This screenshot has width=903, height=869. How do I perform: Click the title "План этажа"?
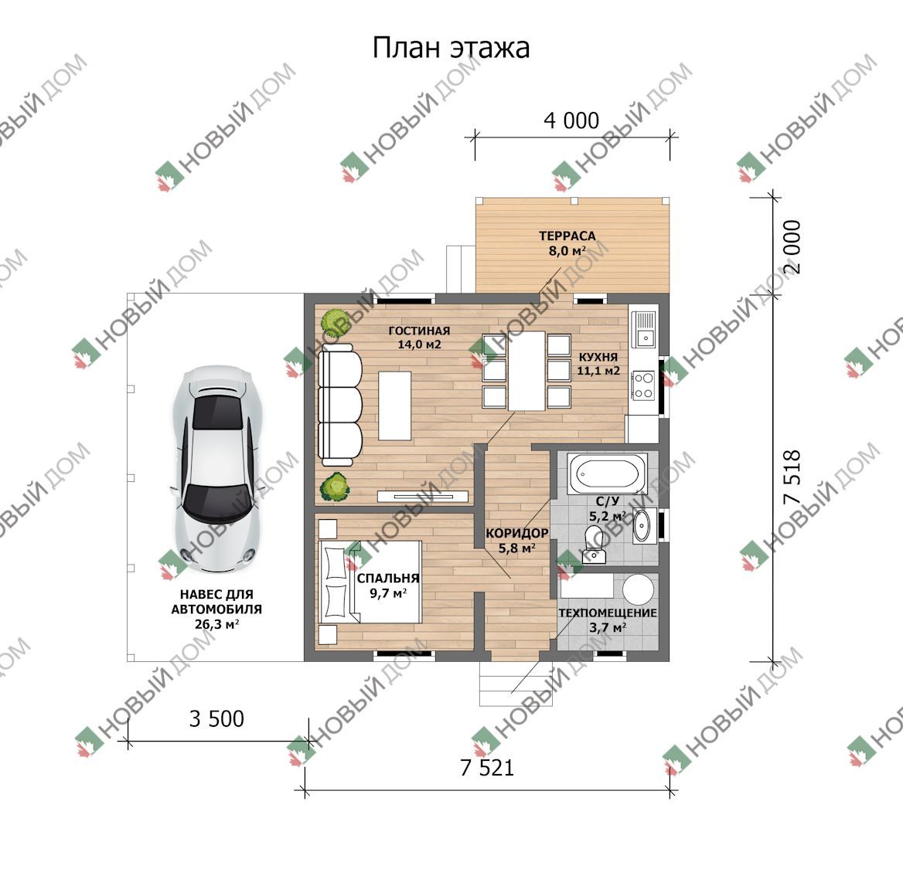[x=451, y=48]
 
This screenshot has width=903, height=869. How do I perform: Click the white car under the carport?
[x=218, y=468]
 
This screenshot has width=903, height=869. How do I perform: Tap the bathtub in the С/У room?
[x=608, y=474]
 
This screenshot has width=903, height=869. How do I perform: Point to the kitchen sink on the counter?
[x=645, y=328]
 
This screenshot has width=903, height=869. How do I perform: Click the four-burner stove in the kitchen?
[x=644, y=385]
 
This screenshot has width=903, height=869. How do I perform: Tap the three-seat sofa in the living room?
[x=340, y=404]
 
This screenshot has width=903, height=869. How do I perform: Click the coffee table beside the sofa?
[x=394, y=406]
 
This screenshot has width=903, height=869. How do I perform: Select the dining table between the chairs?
[x=526, y=371]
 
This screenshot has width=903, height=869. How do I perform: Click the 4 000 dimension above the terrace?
[x=571, y=121]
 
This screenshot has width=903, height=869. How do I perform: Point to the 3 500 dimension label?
[x=216, y=719]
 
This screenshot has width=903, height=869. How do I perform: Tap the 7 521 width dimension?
[x=486, y=768]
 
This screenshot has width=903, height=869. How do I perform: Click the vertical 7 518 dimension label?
[x=792, y=477]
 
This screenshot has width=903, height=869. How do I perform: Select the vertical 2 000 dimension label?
[x=792, y=247]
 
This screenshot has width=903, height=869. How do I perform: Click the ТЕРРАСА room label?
[x=567, y=236]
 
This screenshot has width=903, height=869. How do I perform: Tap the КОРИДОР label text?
[x=516, y=534]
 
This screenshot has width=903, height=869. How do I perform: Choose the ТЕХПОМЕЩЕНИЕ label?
[x=608, y=613]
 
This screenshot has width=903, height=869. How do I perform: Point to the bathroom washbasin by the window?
[x=642, y=526]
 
